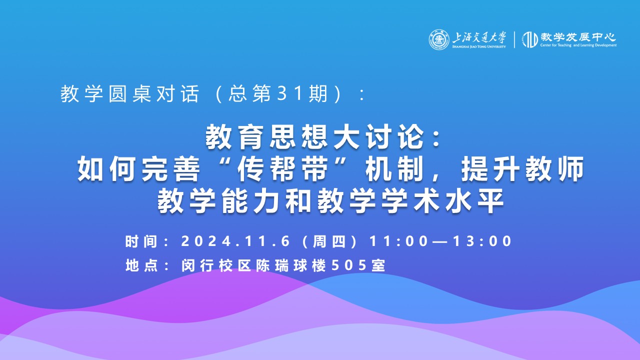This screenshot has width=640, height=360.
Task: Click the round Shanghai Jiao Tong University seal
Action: pos(439,39)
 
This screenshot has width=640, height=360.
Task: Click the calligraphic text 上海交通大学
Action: pos(479,37)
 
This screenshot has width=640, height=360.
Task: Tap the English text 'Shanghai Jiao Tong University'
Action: pos(479,46)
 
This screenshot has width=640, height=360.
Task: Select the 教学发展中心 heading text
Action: pos(577,37)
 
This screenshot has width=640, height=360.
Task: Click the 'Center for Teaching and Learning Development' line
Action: pos(578,45)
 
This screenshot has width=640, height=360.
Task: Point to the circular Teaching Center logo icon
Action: pos(530,39)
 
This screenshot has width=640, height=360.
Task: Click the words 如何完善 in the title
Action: pos(138,169)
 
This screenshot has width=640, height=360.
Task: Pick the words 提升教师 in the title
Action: pos(522,169)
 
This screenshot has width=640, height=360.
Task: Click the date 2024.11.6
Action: pos(235,241)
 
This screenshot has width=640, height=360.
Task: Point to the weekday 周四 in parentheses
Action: pos(329,241)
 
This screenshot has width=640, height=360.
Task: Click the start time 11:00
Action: pos(398,241)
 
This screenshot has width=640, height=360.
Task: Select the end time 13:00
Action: pos(482,241)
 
